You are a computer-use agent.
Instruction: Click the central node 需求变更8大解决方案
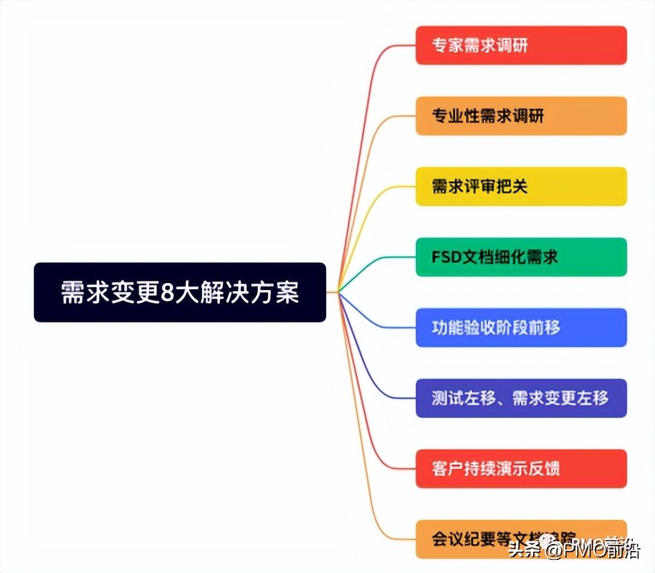click(179, 292)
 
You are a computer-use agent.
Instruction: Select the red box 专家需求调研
click(521, 45)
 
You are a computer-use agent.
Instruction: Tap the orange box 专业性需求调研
click(521, 116)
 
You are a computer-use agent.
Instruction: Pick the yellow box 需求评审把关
click(521, 186)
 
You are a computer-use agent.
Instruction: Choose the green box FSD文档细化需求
click(521, 257)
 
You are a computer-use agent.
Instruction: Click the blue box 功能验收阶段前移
click(521, 327)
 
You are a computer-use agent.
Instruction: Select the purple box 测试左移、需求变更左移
click(521, 398)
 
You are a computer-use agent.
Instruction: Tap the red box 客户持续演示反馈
click(521, 468)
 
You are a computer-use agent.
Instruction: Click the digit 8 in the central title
click(166, 293)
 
